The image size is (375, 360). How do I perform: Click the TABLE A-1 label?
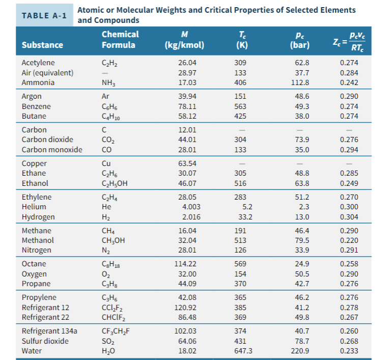(45, 15)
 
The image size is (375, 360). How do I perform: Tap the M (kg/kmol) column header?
(185, 39)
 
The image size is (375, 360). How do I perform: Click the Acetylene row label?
(37, 63)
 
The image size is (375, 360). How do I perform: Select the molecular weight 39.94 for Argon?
(188, 96)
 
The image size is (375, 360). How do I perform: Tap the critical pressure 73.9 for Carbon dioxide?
(302, 140)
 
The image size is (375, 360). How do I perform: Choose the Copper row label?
(34, 163)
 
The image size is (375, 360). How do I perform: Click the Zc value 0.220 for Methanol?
(349, 240)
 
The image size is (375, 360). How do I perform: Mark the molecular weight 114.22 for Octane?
(186, 264)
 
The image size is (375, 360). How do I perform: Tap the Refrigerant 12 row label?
(45, 308)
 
